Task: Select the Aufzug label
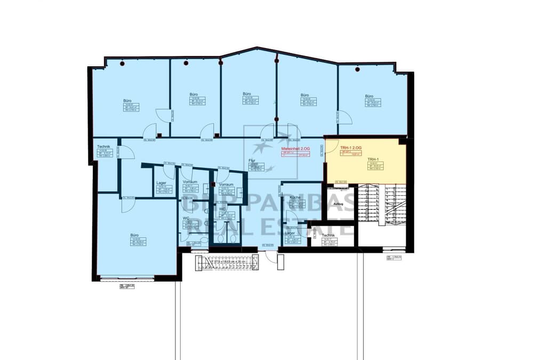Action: click(x=338, y=204)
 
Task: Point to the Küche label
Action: click(x=295, y=197)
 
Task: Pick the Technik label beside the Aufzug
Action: click(x=328, y=235)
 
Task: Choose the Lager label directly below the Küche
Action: click(x=290, y=233)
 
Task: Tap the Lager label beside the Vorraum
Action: click(x=161, y=182)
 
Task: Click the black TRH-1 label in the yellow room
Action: click(x=373, y=159)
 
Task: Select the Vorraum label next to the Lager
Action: click(x=190, y=182)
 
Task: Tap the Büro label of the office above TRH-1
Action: click(x=369, y=96)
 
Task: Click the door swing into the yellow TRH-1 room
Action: click(x=332, y=147)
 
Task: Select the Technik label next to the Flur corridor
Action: click(x=103, y=146)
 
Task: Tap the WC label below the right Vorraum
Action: click(x=222, y=209)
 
